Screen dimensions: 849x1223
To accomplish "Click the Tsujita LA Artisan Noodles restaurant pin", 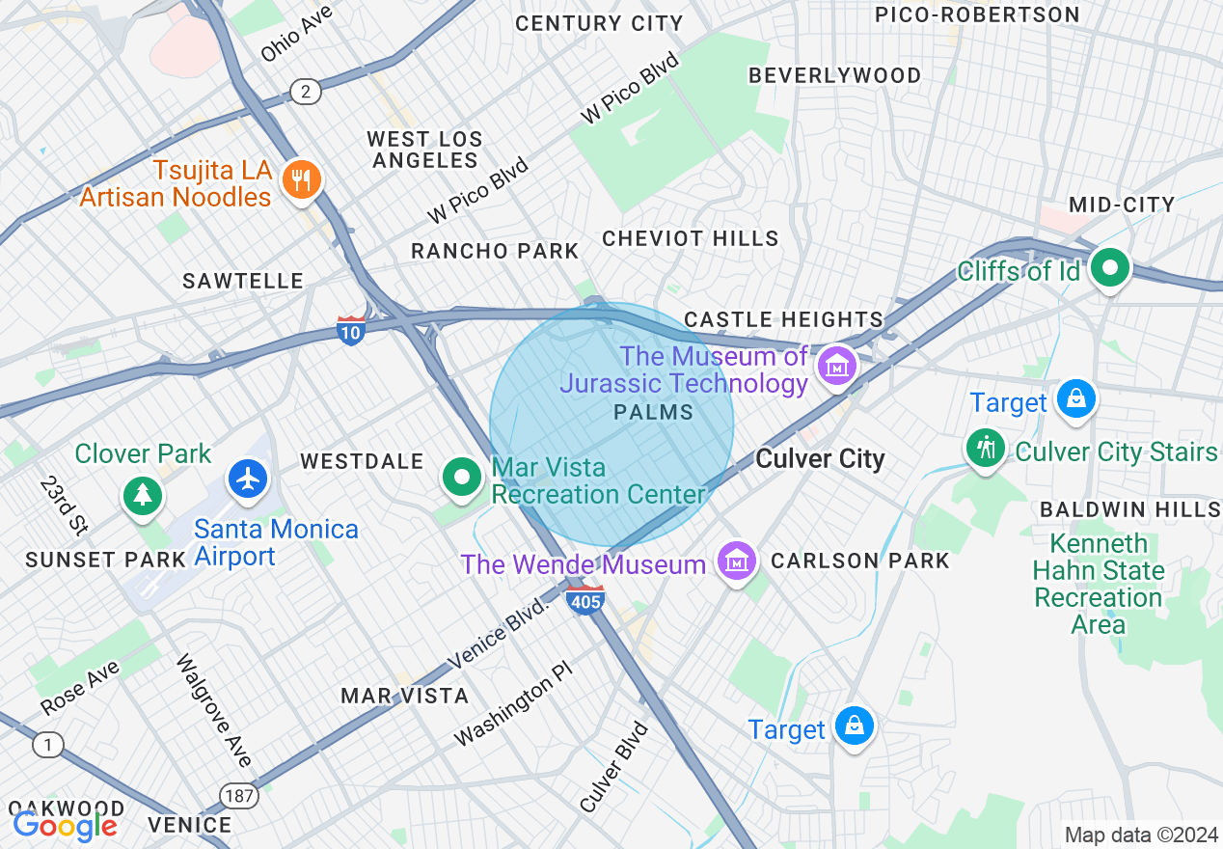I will (x=302, y=179).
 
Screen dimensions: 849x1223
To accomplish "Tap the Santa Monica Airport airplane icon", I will (x=249, y=478).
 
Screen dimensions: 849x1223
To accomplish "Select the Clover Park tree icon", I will (x=144, y=494).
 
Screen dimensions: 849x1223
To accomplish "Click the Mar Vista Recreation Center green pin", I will (x=462, y=478).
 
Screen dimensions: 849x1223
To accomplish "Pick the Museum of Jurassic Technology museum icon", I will (x=836, y=367).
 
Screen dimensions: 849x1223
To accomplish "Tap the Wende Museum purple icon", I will (x=736, y=561).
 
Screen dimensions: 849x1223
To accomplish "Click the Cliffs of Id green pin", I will (x=1110, y=267).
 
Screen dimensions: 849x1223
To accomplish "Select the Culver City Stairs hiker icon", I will (x=986, y=449).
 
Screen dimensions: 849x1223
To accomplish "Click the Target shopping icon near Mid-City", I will (x=1075, y=398).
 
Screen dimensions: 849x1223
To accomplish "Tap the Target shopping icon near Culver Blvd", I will (x=855, y=726).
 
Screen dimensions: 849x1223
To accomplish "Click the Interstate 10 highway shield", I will (x=351, y=330).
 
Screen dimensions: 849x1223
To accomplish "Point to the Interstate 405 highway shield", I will (x=585, y=599).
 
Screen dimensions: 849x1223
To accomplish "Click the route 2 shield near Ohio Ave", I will (x=306, y=92).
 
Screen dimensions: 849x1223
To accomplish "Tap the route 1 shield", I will (x=45, y=745).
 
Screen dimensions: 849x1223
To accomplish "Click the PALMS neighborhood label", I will (x=653, y=413).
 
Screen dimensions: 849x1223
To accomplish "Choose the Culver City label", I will (x=820, y=459).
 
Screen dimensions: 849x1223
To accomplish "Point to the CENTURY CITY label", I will (x=598, y=23).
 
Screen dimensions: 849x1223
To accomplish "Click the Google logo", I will (x=65, y=825).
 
